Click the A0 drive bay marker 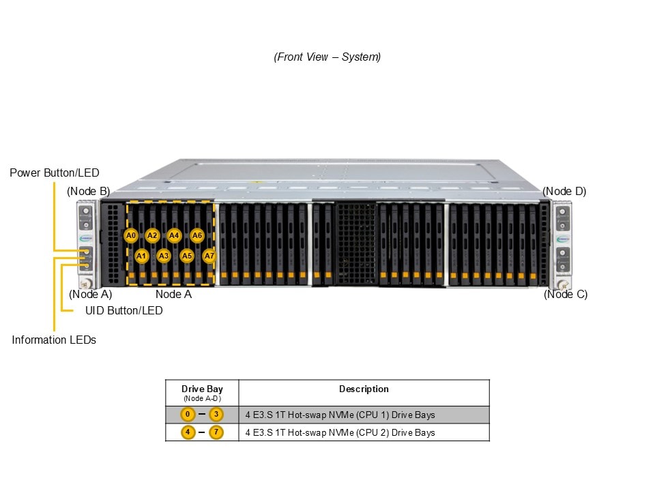point(132,235)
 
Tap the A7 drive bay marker point(209,256)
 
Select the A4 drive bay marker point(174,235)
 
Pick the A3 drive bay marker point(164,256)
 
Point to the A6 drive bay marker point(197,235)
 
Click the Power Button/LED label point(54,173)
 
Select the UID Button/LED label point(123,310)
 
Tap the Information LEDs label point(54,340)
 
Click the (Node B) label point(88,191)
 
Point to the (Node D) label point(564,191)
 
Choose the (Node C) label point(566,295)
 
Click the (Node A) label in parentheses point(91,295)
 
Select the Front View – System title point(327,57)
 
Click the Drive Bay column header point(202,392)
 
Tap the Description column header point(364,389)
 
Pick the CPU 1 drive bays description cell point(340,415)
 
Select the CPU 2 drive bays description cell point(340,432)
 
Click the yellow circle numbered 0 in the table point(188,415)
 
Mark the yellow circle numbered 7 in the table point(216,432)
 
